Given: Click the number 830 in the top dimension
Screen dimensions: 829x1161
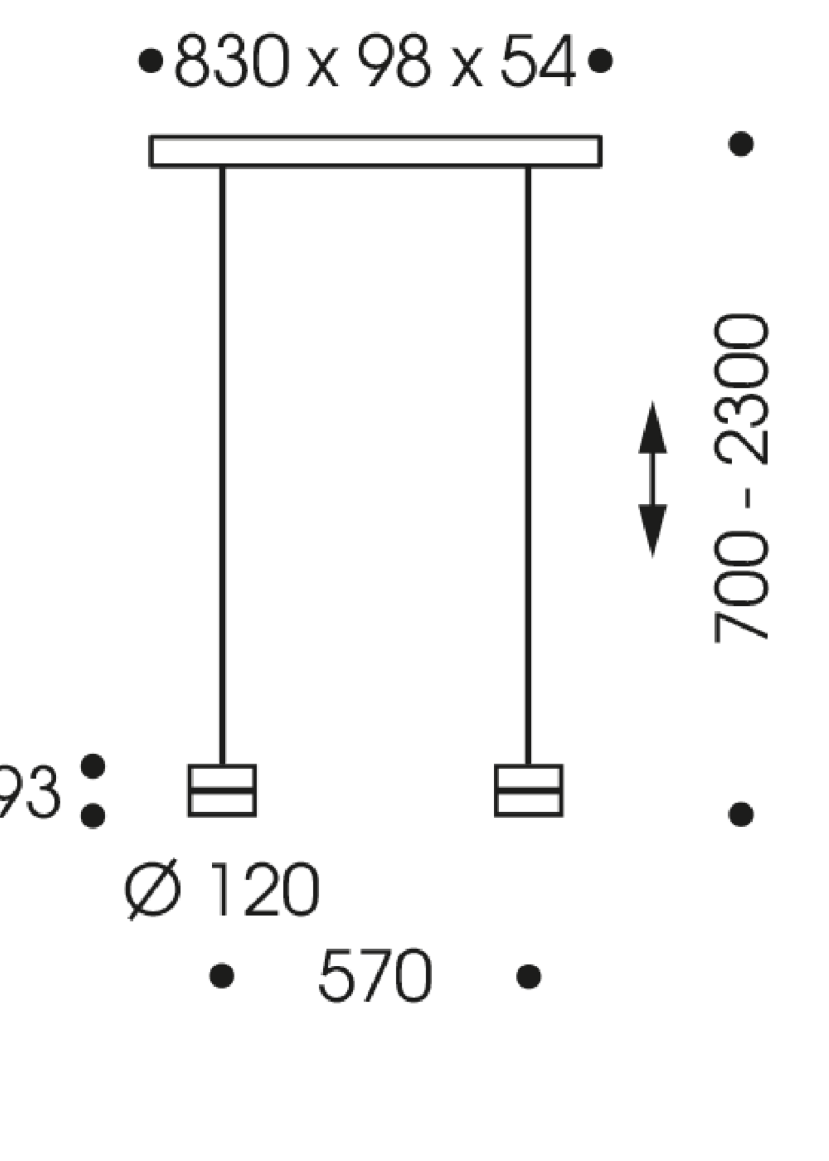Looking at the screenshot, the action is point(232,60).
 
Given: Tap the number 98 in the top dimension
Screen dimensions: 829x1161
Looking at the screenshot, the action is point(393,60).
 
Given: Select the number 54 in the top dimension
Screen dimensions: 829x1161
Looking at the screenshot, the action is point(538,60).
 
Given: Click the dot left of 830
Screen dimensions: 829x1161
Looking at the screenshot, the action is point(151,61).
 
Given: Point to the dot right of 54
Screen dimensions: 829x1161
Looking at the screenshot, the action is point(600,61).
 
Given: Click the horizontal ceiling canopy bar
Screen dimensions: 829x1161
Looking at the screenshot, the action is point(376,151).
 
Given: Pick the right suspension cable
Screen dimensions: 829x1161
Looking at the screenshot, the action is point(528,459).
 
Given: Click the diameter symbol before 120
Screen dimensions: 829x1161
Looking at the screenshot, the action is point(153,889).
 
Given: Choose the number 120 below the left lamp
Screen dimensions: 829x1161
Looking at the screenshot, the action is point(265,889).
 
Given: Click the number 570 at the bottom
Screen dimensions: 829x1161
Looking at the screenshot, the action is point(375,975).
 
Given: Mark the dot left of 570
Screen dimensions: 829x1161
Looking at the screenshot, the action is point(222,976).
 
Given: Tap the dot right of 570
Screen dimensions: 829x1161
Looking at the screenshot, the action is point(529,977).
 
